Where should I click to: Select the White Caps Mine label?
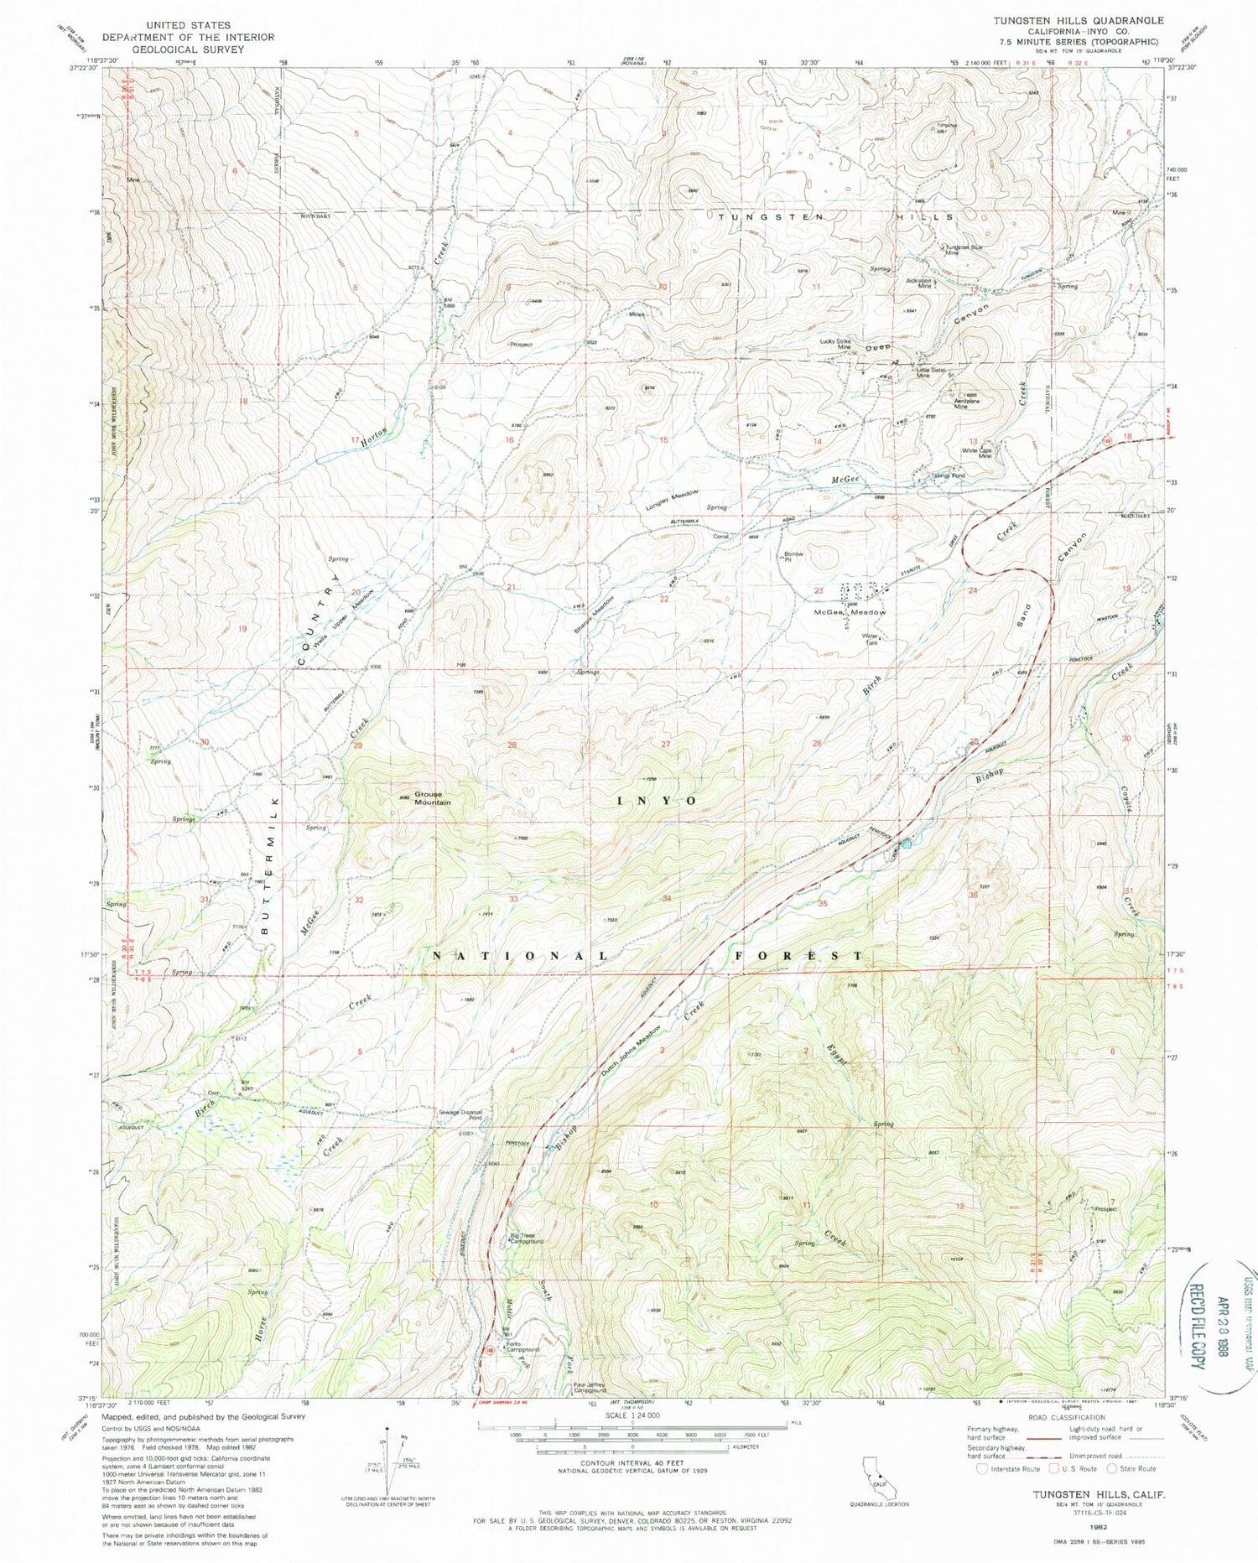click(x=976, y=453)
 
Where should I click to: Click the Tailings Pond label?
click(x=948, y=475)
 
